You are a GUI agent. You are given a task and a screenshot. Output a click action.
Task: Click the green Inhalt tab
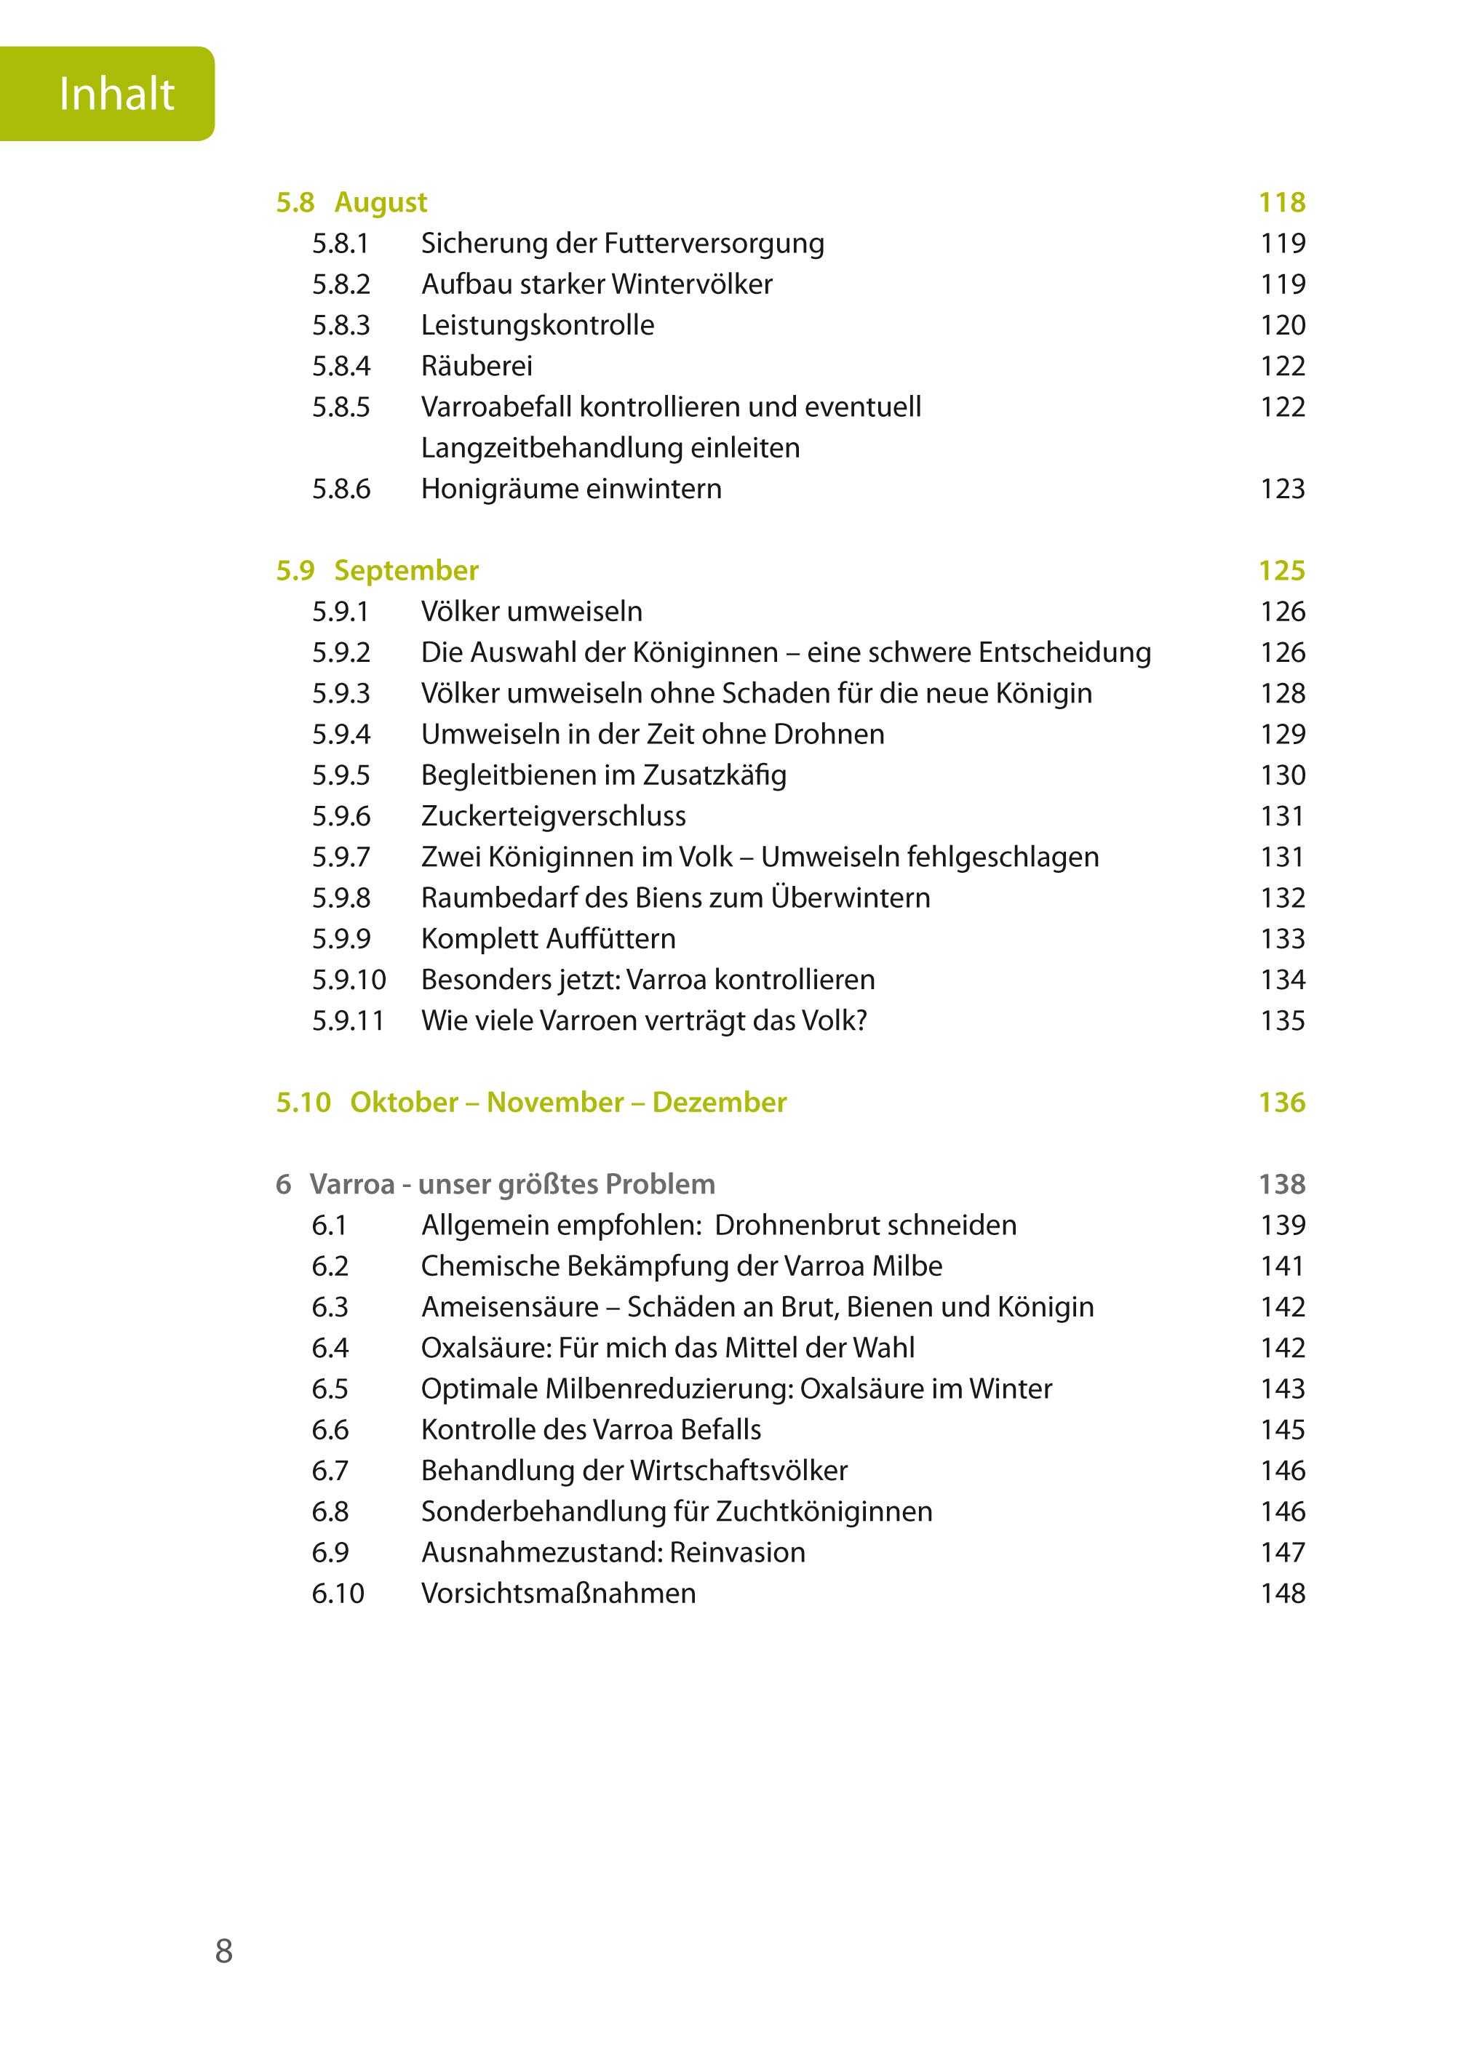108,94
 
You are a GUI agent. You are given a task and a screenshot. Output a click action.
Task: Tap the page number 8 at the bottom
224,1951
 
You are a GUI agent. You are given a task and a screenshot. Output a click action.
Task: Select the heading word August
381,202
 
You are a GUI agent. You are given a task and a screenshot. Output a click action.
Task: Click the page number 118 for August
1281,202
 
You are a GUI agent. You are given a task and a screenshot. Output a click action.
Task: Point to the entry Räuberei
477,366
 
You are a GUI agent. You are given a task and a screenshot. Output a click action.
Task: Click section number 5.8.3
341,324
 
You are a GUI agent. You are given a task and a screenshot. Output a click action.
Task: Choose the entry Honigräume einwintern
571,488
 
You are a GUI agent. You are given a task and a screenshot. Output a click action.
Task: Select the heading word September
406,570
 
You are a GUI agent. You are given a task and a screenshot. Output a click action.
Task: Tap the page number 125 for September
1281,570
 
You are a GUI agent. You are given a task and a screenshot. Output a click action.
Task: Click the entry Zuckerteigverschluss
553,815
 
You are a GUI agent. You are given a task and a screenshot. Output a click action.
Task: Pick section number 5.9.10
349,979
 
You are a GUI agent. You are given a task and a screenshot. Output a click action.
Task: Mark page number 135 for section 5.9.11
1282,1020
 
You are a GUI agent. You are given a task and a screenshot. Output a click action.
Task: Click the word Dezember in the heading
719,1103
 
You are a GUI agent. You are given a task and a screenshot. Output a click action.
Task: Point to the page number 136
1281,1103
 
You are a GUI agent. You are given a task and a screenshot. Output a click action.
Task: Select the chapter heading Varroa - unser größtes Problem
512,1184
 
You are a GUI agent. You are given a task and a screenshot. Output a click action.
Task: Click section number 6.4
330,1348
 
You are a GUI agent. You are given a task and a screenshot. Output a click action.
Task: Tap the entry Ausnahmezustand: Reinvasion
613,1552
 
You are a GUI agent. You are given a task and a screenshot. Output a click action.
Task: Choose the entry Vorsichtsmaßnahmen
558,1594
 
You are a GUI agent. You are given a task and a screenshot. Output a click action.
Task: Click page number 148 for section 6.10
1282,1594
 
